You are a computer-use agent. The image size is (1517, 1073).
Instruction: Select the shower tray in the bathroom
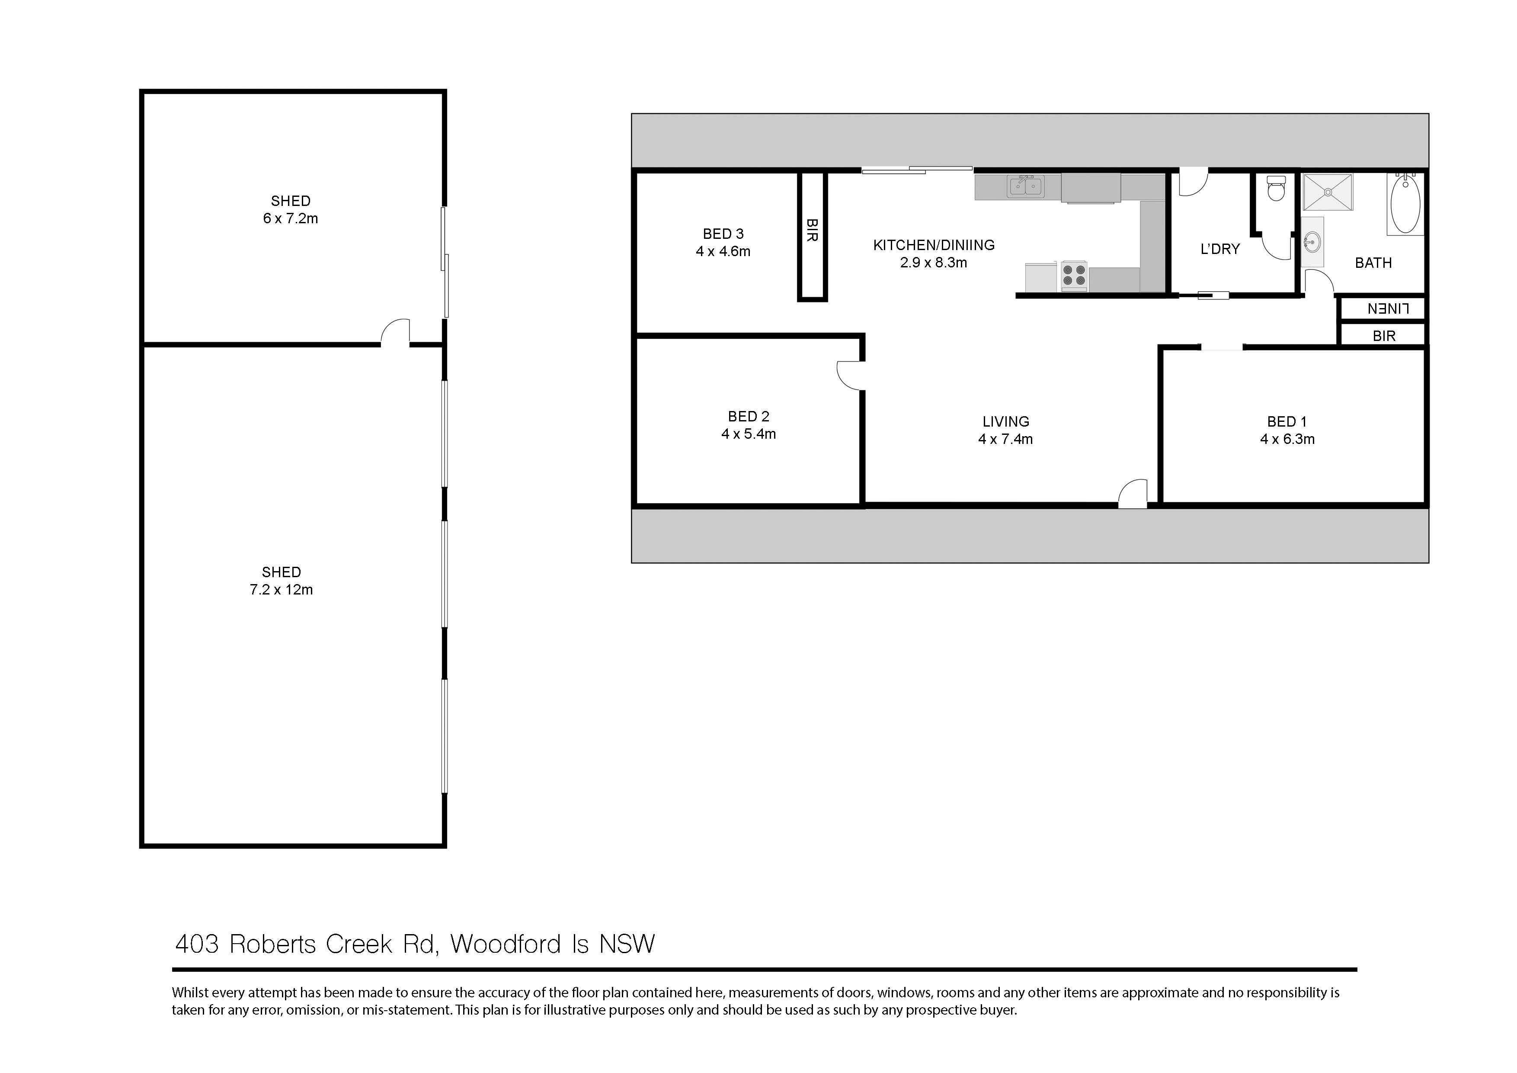[x=1328, y=193]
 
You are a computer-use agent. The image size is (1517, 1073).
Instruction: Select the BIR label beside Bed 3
[x=812, y=230]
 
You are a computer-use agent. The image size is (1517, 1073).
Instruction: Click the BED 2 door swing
[x=850, y=376]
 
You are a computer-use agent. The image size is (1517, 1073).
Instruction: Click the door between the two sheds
[x=395, y=332]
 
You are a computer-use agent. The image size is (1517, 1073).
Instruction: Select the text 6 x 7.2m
[x=290, y=218]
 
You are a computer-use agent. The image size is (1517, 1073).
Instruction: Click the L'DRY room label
[x=1219, y=249]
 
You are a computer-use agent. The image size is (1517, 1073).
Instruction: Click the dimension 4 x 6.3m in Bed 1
[x=1287, y=439]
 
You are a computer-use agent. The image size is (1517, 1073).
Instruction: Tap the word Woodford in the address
[x=506, y=944]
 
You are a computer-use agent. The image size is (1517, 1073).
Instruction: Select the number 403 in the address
[x=196, y=944]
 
